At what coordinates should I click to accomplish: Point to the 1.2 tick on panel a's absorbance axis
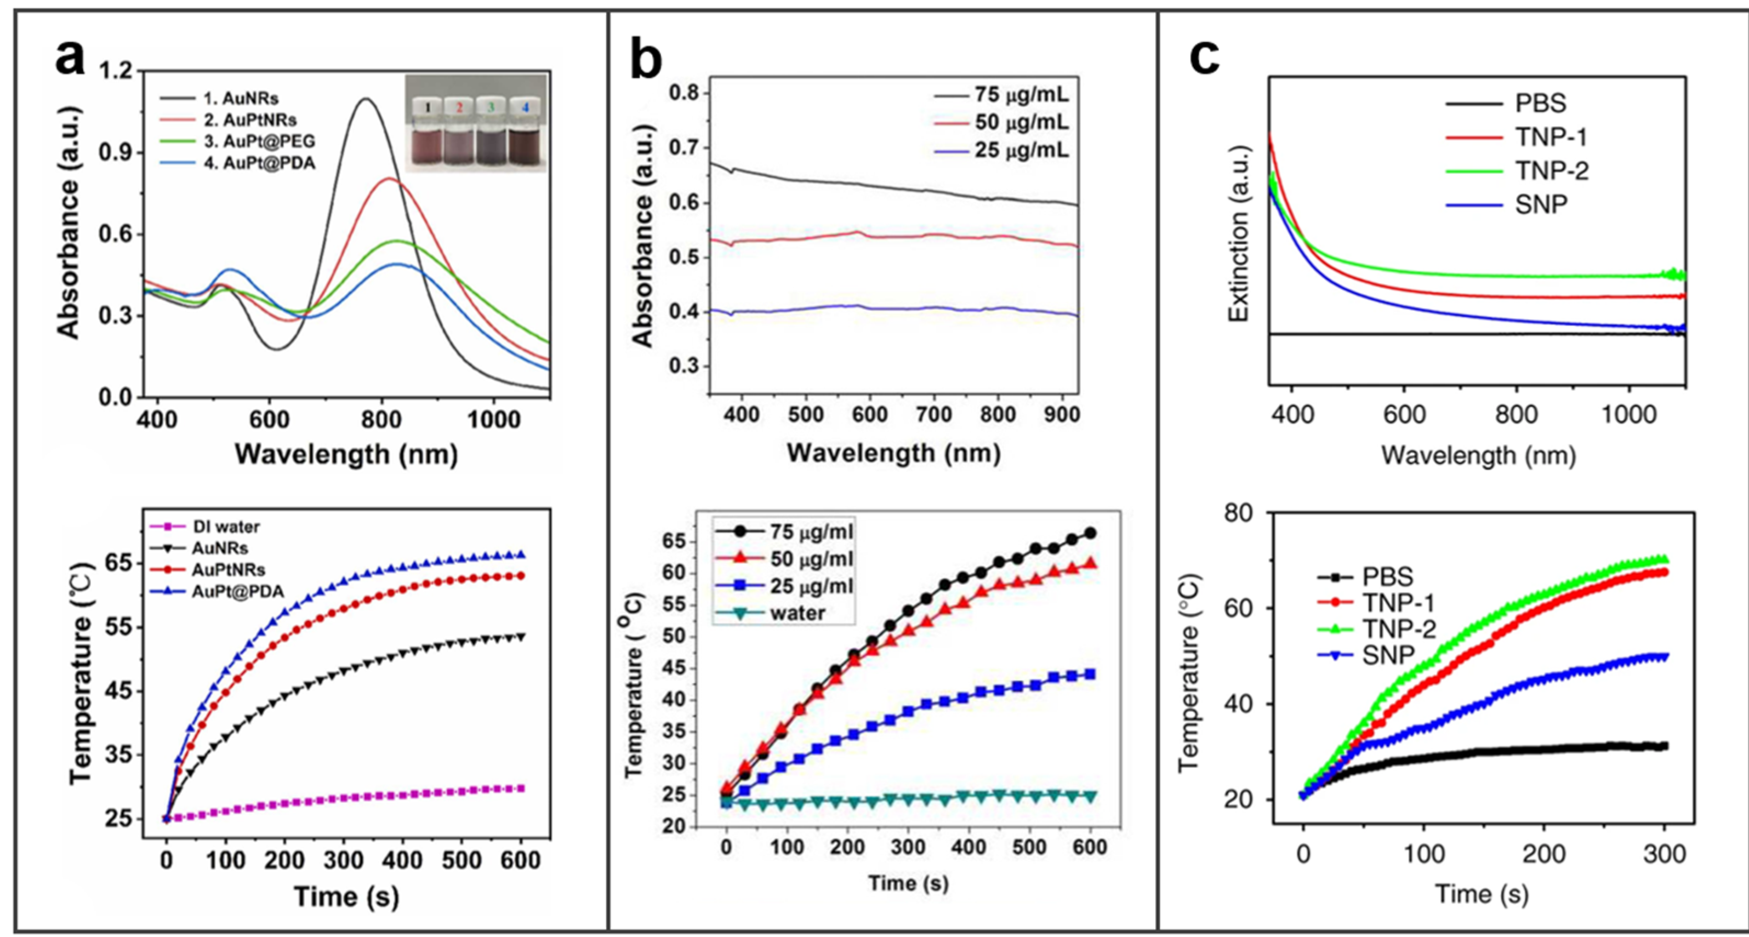[117, 71]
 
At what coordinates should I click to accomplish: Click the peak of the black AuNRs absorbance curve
[366, 99]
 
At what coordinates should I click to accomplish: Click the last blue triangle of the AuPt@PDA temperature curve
[521, 555]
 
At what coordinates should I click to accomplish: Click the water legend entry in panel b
[798, 613]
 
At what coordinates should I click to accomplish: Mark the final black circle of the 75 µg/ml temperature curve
[1090, 533]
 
